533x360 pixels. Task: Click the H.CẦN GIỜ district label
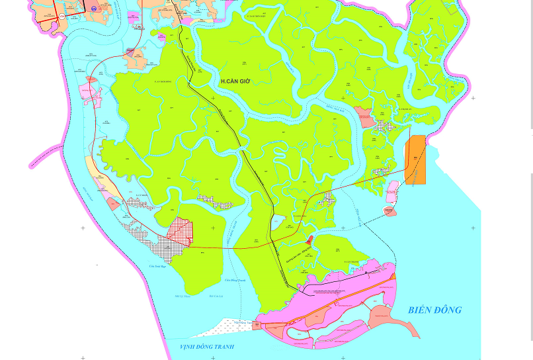tap(235, 81)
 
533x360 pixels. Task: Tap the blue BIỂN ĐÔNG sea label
tap(434, 310)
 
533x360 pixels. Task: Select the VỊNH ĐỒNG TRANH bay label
tap(207, 347)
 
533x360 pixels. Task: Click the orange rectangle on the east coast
tap(416, 159)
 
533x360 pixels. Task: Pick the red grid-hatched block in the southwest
tap(180, 232)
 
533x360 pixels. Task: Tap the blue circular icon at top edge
tap(94, 9)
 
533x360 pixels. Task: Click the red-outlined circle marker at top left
tap(62, 15)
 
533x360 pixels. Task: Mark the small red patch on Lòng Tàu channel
tap(309, 238)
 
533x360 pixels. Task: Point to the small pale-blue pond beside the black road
tap(278, 221)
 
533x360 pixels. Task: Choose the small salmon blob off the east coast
tap(389, 211)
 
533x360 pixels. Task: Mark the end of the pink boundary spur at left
tap(30, 166)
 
